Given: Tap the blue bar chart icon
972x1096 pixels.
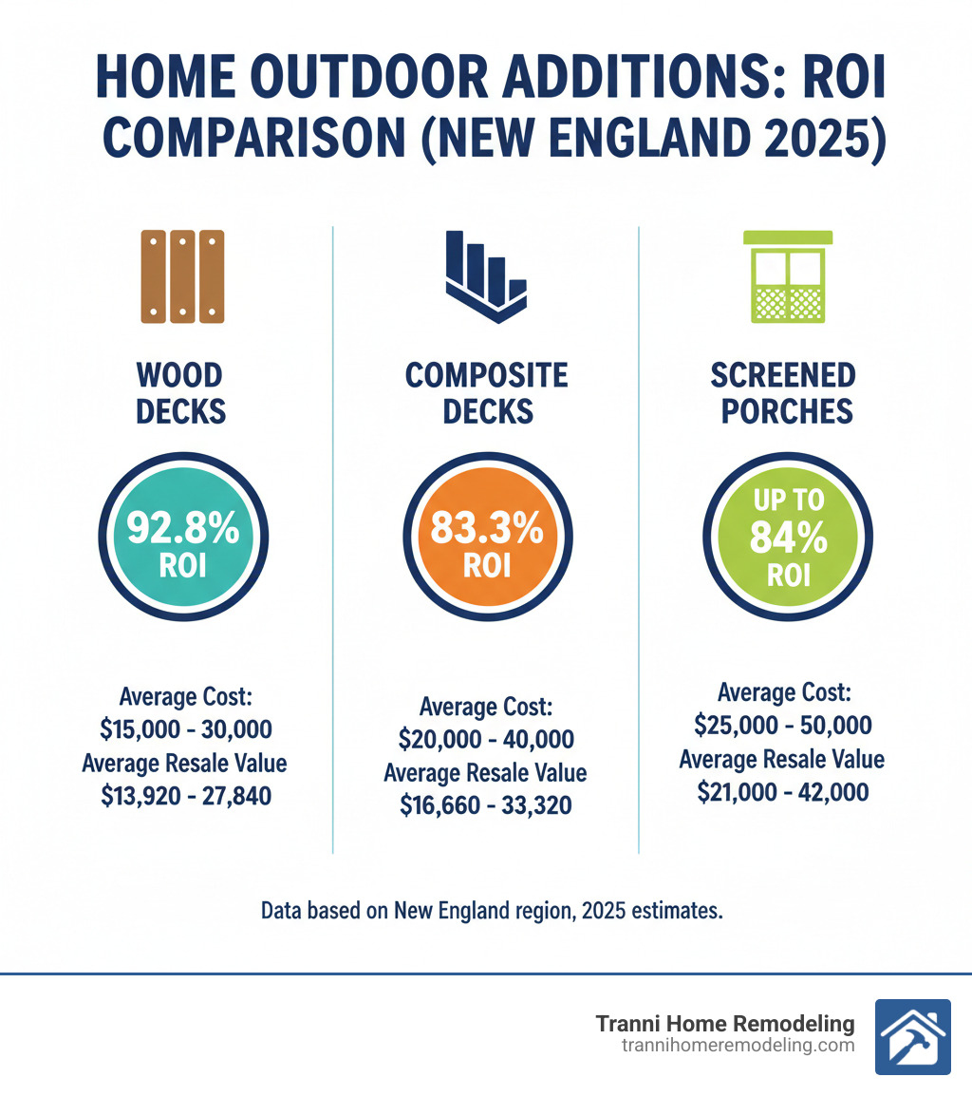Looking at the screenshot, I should click(x=485, y=275).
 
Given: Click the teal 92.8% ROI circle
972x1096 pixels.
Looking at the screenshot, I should click(x=183, y=539).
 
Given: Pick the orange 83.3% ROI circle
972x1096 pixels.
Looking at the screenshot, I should click(x=486, y=539).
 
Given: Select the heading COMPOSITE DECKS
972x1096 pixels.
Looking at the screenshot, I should click(x=486, y=393).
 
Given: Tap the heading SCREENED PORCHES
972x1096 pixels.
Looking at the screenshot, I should click(x=783, y=393).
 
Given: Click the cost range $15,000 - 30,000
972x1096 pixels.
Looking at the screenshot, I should click(x=186, y=730).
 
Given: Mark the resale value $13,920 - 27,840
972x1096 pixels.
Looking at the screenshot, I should click(x=185, y=796).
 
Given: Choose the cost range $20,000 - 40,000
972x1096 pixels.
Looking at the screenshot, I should click(x=486, y=740).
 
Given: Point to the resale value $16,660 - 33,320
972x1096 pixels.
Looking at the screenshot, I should click(x=486, y=805).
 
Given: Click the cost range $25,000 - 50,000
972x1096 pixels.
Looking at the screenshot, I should click(x=782, y=726).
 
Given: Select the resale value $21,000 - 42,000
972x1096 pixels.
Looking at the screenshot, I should click(x=782, y=791).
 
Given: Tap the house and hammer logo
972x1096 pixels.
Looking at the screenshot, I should click(x=912, y=1036).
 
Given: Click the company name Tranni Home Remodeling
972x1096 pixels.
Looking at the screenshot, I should click(x=725, y=1024).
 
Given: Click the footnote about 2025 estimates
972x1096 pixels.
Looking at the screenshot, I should click(x=492, y=910).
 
